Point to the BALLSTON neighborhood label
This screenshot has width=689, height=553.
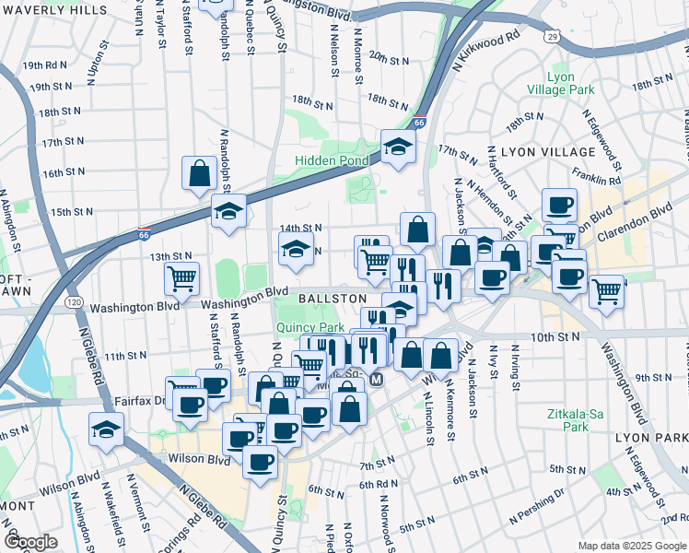click(333, 300)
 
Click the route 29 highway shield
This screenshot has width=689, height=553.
click(551, 36)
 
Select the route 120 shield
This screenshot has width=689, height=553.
click(75, 302)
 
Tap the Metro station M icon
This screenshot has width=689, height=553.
click(376, 380)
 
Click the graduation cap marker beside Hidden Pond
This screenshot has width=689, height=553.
click(398, 147)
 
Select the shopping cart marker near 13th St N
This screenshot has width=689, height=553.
click(181, 276)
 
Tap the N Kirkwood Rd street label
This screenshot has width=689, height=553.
click(486, 53)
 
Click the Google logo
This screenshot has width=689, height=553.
click(31, 542)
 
